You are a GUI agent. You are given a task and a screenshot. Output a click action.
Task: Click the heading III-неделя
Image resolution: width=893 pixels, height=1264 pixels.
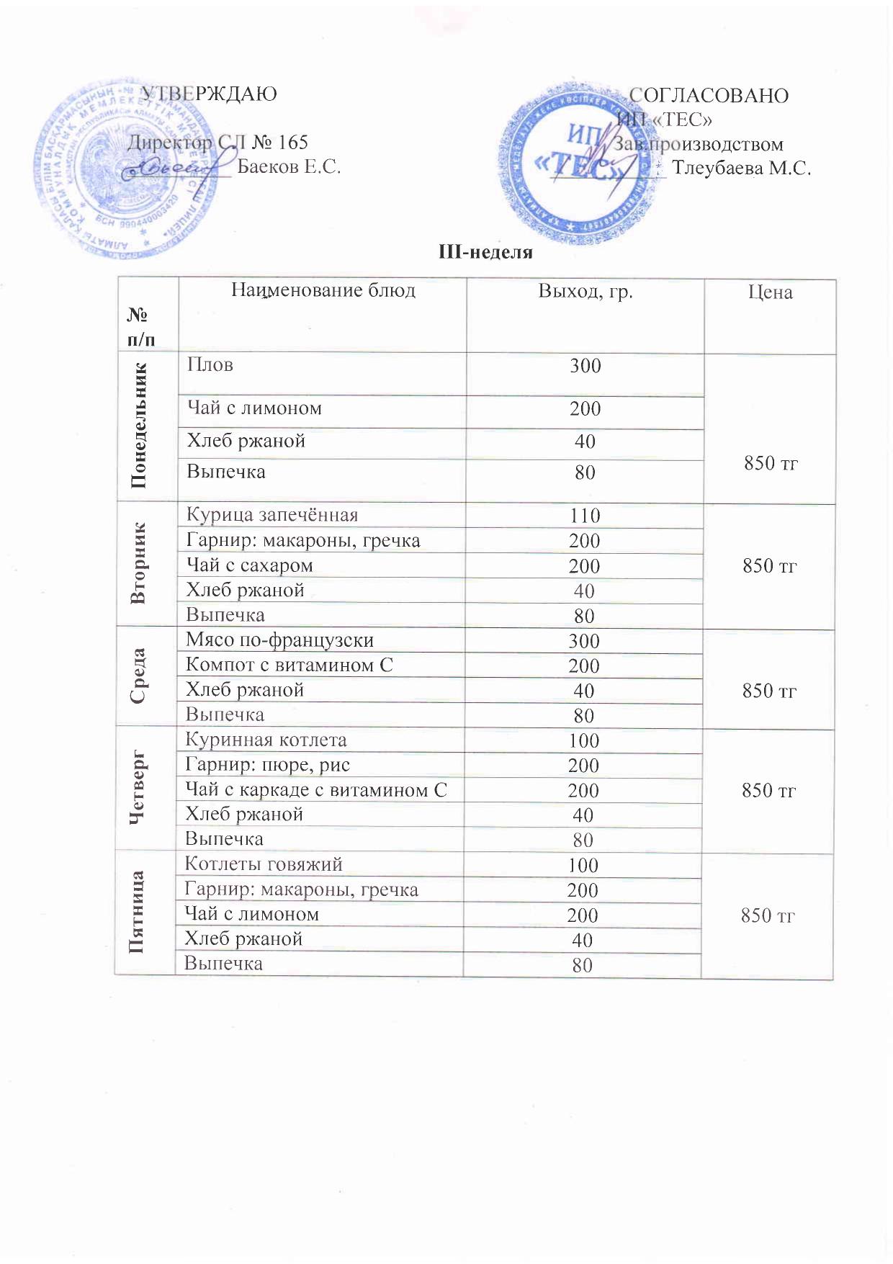point(485,252)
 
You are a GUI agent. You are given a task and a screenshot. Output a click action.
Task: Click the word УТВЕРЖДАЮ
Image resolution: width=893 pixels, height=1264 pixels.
point(208,94)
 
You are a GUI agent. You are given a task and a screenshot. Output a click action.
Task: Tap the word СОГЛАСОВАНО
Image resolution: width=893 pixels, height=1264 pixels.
point(709,96)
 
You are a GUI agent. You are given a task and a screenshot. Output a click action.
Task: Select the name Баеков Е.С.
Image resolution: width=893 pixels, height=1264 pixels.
point(289,167)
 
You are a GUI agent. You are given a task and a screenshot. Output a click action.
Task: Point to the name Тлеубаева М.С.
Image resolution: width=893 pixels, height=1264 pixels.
point(741,169)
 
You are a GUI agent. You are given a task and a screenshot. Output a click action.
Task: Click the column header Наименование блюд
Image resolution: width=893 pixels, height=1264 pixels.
point(323,290)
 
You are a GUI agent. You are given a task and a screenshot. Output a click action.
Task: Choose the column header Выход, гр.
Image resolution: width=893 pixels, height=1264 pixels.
point(585,292)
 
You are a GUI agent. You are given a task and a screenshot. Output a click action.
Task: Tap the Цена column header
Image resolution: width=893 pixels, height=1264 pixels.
point(770,292)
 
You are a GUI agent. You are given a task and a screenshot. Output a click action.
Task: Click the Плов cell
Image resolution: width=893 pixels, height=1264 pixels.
point(210,364)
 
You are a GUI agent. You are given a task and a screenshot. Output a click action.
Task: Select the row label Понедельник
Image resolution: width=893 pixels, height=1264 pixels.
point(140,426)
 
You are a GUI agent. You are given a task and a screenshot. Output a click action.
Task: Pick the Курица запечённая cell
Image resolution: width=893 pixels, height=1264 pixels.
point(272,515)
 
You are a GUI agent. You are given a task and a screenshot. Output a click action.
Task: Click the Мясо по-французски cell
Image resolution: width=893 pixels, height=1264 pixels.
point(279,640)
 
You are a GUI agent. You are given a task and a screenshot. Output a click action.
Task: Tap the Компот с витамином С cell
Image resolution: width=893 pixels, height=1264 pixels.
point(289,665)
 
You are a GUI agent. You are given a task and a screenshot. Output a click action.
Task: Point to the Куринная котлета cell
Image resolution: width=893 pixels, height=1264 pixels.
point(266,740)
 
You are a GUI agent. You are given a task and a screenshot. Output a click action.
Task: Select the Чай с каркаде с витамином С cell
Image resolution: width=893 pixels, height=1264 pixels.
point(316,789)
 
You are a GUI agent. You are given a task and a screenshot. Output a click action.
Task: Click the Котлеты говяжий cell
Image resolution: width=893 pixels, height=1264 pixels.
point(264,864)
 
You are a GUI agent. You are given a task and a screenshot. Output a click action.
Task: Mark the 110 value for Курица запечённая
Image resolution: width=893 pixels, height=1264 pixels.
point(585,516)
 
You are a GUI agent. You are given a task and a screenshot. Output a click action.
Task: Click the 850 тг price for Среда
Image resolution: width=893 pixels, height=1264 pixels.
point(769,691)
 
